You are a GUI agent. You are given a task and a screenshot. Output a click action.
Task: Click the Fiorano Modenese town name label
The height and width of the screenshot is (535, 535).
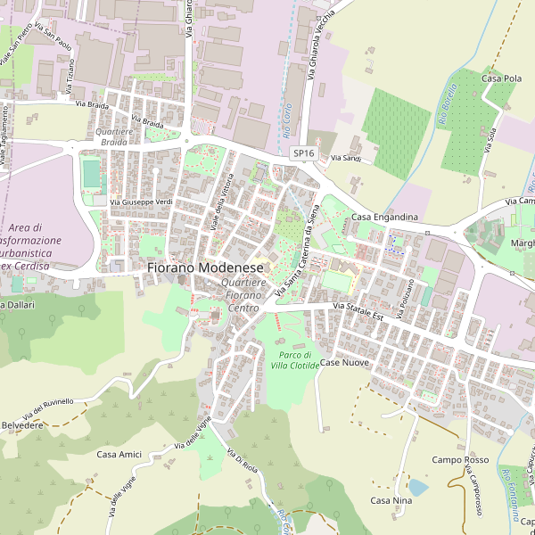(x=205, y=267)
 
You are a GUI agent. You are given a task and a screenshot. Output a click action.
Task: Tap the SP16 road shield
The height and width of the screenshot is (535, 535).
(x=304, y=153)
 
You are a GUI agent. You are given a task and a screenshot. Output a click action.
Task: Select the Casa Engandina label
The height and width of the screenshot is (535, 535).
(x=384, y=218)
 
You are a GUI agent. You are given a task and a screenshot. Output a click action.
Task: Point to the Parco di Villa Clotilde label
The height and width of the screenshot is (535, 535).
(x=292, y=359)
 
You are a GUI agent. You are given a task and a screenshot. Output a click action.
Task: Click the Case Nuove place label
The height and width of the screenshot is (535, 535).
(x=344, y=363)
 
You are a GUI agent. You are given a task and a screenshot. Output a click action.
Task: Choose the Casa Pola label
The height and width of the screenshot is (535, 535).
(x=501, y=78)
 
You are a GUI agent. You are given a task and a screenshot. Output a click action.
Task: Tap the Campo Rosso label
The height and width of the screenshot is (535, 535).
(x=460, y=460)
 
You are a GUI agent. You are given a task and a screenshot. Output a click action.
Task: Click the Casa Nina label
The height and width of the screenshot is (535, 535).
(x=391, y=500)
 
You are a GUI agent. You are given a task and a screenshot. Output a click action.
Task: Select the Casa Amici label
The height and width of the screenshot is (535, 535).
(x=119, y=455)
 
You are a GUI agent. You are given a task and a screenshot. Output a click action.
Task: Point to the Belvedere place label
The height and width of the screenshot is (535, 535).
(x=21, y=426)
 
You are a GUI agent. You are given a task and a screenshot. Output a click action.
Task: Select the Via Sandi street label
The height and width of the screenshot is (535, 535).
(x=345, y=158)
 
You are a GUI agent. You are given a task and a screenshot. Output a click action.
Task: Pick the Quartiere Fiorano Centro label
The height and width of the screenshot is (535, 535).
(x=243, y=295)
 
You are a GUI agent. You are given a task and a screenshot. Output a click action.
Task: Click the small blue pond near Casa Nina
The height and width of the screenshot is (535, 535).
(x=417, y=487)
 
